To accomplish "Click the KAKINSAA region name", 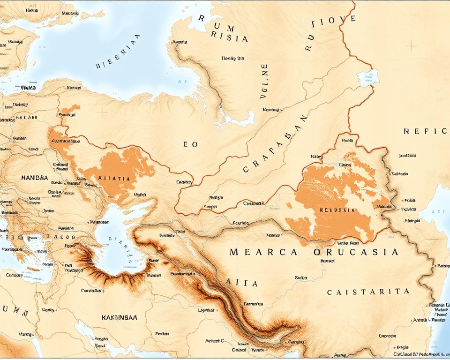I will click(x=119, y=317).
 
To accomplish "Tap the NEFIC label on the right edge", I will click(x=425, y=131).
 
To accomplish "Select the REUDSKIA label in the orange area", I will click(x=337, y=210).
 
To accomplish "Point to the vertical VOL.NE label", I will click(x=264, y=82).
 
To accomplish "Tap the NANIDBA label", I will click(x=35, y=178).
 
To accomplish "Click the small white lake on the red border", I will click(x=367, y=77).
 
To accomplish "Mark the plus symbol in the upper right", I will click(x=411, y=46).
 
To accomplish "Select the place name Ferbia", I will click(x=162, y=334).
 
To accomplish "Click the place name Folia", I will click(x=410, y=200).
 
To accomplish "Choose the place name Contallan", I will click(x=92, y=290).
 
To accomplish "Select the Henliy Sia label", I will click(x=233, y=59).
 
